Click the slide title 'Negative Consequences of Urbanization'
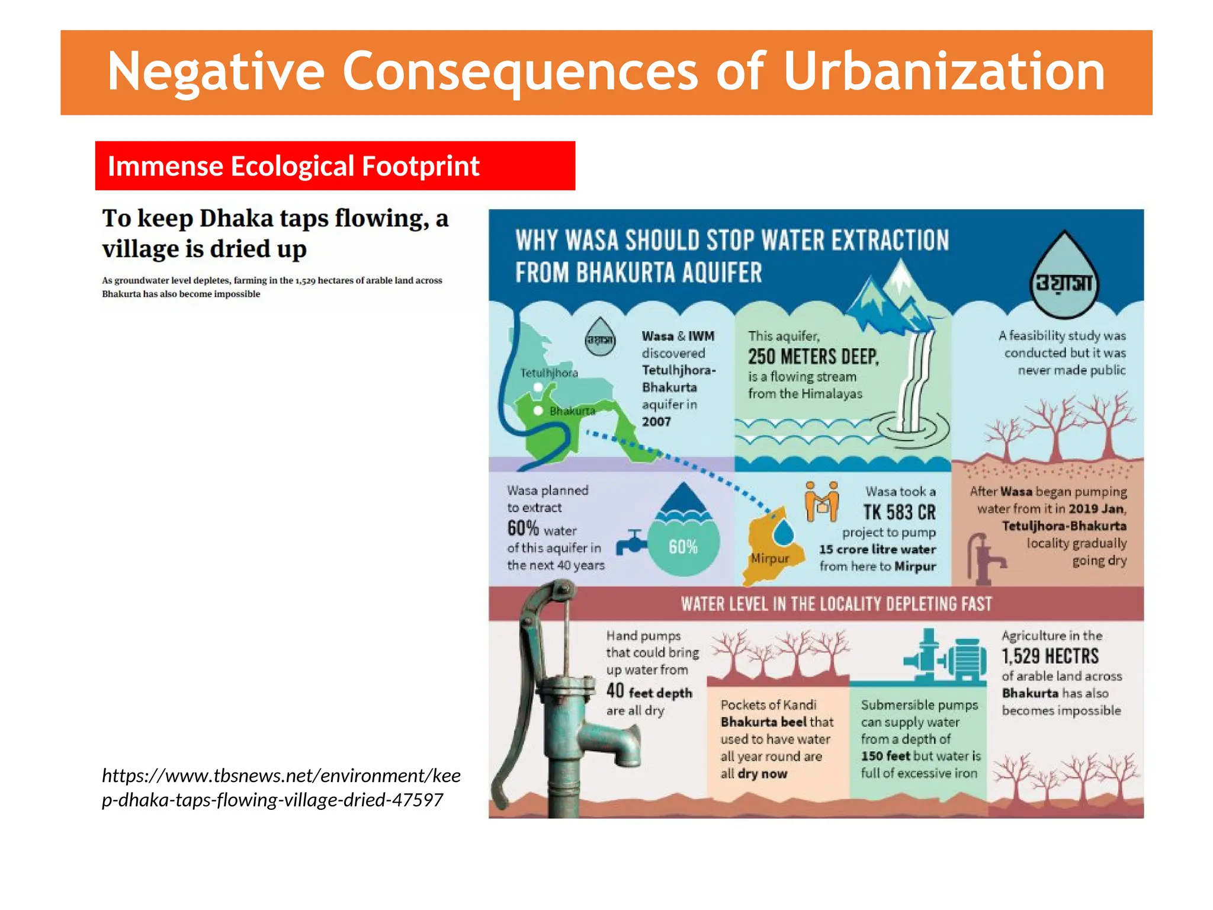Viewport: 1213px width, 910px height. coord(606,72)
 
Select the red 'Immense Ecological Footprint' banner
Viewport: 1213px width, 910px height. coord(335,166)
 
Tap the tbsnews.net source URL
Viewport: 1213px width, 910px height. coord(281,787)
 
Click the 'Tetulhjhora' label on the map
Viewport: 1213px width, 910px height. coord(548,373)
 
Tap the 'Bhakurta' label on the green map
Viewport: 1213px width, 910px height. coord(572,411)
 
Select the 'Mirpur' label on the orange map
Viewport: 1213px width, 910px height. coord(769,558)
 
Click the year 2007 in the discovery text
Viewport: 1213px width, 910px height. coord(656,422)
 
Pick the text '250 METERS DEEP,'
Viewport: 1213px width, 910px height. coord(813,357)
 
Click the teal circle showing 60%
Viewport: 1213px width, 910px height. coord(683,546)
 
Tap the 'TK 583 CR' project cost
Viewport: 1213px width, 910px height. coord(899,512)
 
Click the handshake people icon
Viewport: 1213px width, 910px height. coord(821,501)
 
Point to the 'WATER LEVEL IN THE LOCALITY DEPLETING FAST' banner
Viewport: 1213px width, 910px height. coord(836,604)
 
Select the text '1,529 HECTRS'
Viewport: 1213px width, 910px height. coord(1050,656)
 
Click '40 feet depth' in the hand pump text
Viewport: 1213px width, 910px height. coord(649,691)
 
